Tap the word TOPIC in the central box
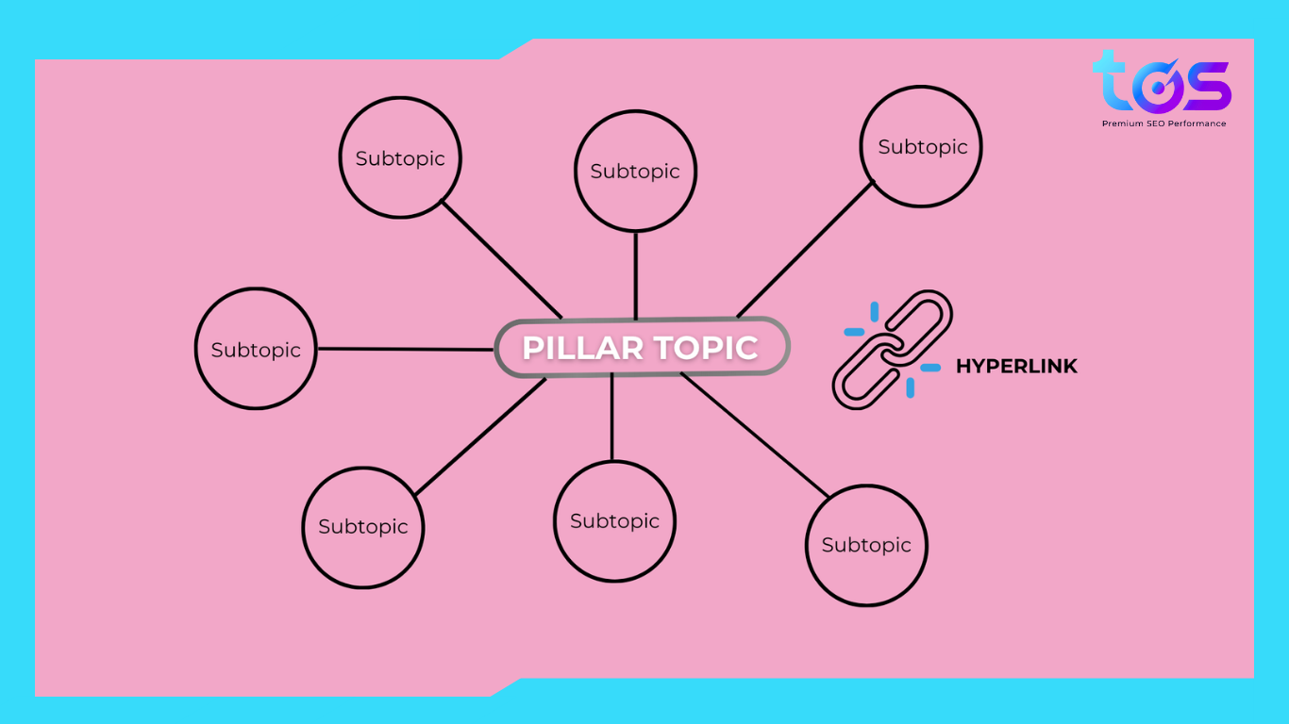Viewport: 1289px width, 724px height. click(x=700, y=348)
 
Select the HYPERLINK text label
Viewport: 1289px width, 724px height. click(x=1016, y=367)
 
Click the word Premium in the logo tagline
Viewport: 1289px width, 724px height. click(x=1123, y=123)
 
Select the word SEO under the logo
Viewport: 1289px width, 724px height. click(x=1156, y=123)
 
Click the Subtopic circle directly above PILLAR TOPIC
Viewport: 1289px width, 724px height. click(x=635, y=171)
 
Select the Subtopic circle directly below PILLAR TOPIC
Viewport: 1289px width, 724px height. click(x=614, y=521)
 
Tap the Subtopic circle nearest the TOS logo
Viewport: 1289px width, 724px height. click(x=921, y=146)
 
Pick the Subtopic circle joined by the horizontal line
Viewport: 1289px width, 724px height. click(x=256, y=349)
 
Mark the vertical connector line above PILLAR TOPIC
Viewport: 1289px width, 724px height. click(x=635, y=275)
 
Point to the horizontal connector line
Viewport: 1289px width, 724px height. click(x=406, y=349)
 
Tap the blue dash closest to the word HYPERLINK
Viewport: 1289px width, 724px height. click(x=930, y=367)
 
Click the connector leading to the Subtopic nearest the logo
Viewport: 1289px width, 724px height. click(x=805, y=250)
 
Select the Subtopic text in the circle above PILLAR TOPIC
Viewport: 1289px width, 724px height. click(x=635, y=172)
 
